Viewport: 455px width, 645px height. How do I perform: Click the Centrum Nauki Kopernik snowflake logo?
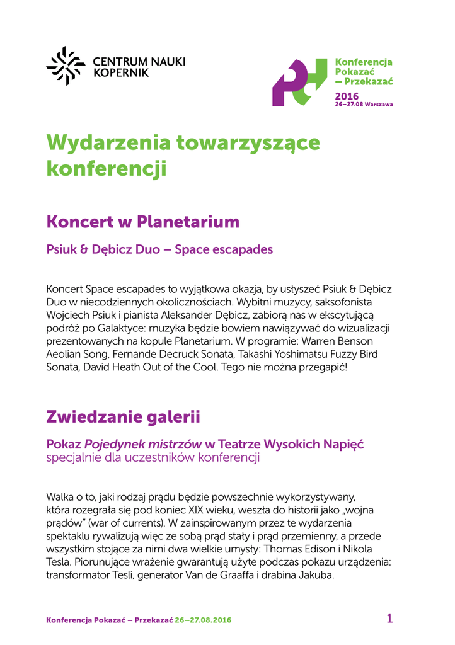click(66, 66)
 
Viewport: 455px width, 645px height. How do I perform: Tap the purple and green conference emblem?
click(299, 83)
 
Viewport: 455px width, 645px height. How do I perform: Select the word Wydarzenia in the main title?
click(107, 144)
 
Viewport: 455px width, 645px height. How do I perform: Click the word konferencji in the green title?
click(107, 168)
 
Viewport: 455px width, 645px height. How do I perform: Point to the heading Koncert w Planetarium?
click(143, 222)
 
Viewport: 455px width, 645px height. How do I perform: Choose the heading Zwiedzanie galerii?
click(123, 416)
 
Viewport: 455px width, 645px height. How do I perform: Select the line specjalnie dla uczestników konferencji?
click(153, 458)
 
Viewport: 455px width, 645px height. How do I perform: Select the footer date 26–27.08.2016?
click(203, 620)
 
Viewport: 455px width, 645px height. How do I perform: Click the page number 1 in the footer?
click(389, 619)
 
